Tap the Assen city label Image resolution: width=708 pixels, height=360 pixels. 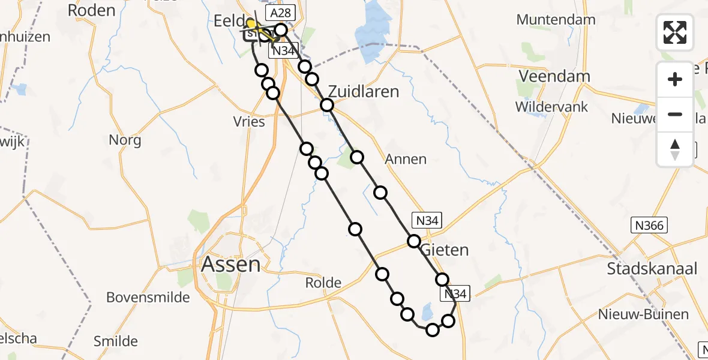tap(231, 264)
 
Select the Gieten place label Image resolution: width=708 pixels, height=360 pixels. tap(445, 249)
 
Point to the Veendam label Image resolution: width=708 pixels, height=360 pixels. tap(554, 76)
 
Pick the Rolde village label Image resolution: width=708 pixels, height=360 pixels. tap(323, 283)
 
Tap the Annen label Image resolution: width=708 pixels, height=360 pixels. tap(406, 159)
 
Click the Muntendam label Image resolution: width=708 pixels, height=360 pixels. tap(556, 19)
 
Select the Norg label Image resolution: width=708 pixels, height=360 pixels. tap(125, 140)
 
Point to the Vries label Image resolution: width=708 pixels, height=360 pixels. tap(249, 122)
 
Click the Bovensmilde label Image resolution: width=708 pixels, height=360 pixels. tap(148, 297)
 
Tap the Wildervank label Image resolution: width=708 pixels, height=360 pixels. tap(551, 107)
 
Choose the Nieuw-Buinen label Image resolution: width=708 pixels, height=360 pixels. tap(643, 314)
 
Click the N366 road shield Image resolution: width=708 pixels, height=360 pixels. tap(650, 226)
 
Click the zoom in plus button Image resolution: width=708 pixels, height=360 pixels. tap(675, 79)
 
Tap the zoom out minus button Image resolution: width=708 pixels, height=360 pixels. tap(675, 114)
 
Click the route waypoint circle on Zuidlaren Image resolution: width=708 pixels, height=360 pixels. tap(327, 106)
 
